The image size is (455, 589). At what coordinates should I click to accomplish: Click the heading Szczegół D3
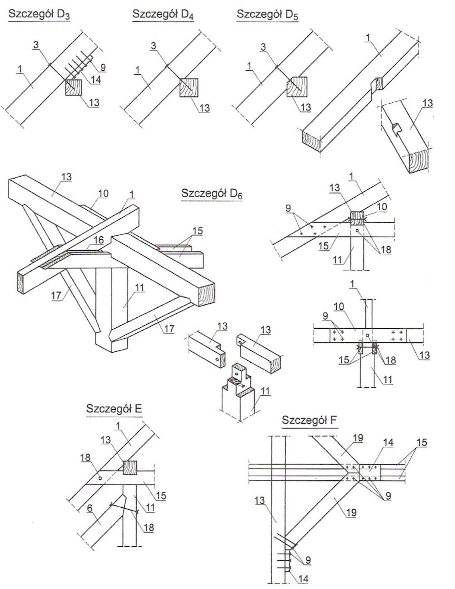click(x=39, y=15)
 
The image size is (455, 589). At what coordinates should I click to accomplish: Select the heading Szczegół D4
click(x=163, y=15)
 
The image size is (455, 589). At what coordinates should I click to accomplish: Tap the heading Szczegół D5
click(x=267, y=15)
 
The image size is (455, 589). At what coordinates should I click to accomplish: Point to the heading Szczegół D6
click(x=212, y=194)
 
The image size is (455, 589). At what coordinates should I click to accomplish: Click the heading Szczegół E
click(x=114, y=409)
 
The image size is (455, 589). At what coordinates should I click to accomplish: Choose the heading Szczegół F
click(x=310, y=420)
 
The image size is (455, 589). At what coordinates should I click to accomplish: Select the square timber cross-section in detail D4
click(x=189, y=88)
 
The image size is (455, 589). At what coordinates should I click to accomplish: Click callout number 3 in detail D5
click(x=263, y=47)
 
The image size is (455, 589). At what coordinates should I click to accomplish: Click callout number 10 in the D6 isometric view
click(x=103, y=193)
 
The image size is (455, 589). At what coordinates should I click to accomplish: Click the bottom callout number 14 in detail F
click(x=303, y=578)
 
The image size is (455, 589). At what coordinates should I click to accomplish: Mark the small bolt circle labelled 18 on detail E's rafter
click(x=100, y=478)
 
